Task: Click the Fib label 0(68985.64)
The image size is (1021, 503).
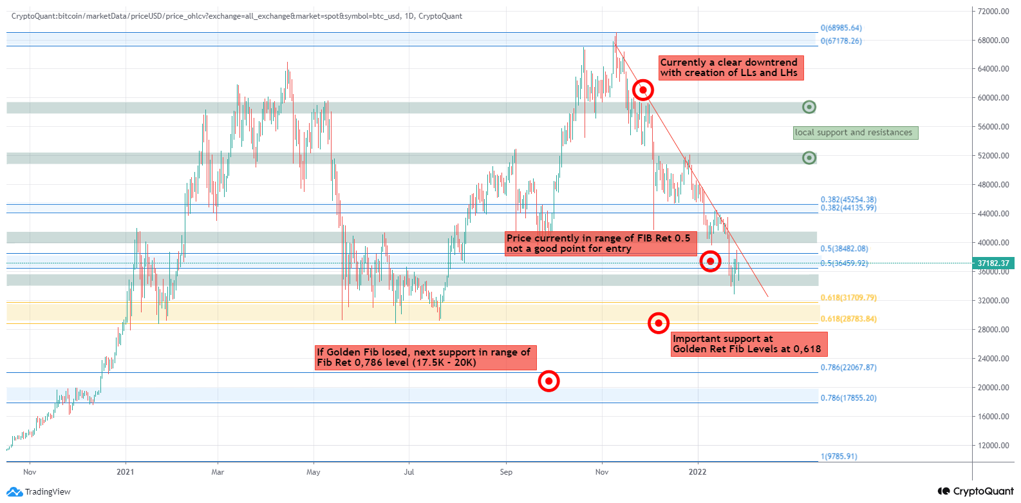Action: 841,28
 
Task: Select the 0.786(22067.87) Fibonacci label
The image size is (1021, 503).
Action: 848,368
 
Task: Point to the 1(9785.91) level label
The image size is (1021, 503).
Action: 839,457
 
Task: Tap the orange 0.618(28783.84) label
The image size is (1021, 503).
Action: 848,319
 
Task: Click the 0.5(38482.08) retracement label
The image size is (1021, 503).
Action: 844,249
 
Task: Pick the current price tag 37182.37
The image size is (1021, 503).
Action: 993,263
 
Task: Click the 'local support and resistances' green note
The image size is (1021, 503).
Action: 854,133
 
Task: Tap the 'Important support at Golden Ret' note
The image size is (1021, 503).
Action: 747,344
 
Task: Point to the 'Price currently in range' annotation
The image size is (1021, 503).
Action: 598,243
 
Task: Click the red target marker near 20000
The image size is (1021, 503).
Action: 548,381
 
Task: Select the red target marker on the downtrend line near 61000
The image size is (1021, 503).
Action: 643,90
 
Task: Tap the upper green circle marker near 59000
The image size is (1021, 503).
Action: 809,107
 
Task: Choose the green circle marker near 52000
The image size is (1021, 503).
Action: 809,158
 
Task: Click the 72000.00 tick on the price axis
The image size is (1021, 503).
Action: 993,12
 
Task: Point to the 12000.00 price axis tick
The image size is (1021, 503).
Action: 993,446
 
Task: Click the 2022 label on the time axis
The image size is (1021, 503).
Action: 697,472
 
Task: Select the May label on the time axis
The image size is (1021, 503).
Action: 314,472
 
